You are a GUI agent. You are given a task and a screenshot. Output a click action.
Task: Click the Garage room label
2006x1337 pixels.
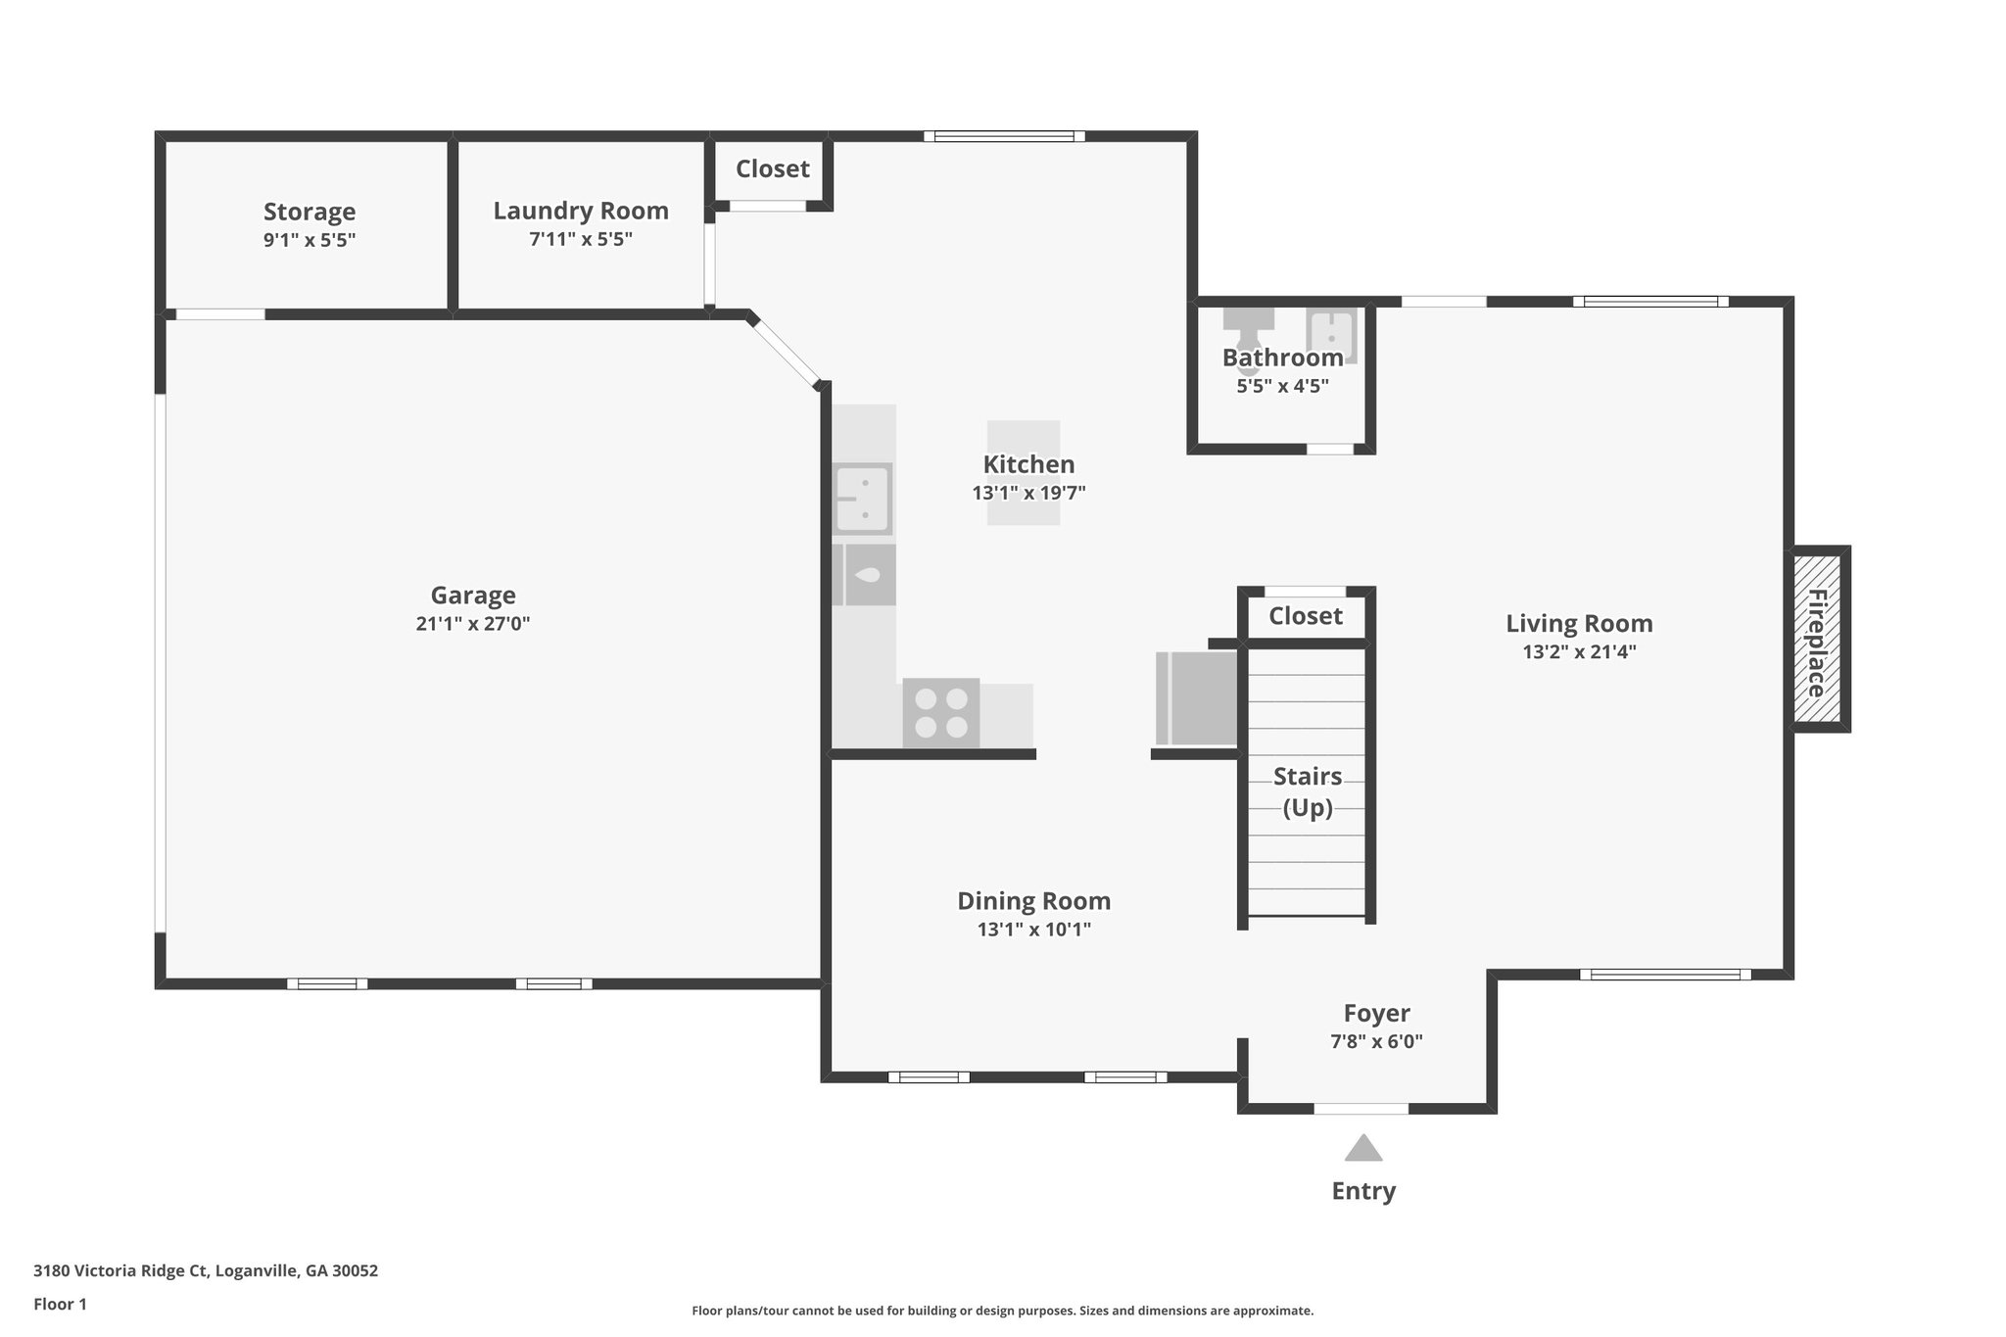click(473, 595)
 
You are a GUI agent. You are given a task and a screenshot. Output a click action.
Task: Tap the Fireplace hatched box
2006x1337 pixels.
click(1817, 640)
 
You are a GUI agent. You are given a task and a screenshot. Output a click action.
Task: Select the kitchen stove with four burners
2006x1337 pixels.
click(940, 713)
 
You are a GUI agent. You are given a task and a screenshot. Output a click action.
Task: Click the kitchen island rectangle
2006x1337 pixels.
click(1023, 473)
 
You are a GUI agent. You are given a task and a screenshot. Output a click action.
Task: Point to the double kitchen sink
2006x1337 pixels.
click(862, 498)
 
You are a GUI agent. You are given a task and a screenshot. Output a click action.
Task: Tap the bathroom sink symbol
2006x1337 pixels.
click(1331, 334)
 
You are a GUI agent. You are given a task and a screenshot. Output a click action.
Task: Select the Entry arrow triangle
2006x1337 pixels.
click(1362, 1148)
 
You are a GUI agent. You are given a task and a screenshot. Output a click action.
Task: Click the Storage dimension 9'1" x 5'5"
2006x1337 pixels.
click(309, 240)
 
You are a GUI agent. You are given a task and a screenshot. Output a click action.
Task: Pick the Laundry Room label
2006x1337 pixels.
click(580, 211)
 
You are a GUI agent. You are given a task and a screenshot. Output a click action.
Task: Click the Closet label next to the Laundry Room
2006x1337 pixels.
click(772, 168)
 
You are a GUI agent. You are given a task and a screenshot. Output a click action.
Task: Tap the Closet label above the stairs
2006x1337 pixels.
click(1305, 616)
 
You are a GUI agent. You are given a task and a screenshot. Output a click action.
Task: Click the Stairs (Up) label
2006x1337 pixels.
click(1308, 791)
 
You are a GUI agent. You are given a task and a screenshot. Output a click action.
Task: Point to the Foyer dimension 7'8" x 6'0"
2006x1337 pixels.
click(1376, 1041)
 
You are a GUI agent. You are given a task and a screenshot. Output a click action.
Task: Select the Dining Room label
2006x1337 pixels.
click(1033, 901)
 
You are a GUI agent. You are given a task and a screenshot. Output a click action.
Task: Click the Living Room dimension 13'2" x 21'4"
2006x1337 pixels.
click(1579, 651)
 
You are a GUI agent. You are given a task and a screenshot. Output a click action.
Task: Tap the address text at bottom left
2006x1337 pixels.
click(206, 1270)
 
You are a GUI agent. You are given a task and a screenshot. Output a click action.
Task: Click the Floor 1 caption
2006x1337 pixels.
click(60, 1304)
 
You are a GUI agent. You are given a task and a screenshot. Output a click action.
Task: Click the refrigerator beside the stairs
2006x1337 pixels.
click(1197, 698)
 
